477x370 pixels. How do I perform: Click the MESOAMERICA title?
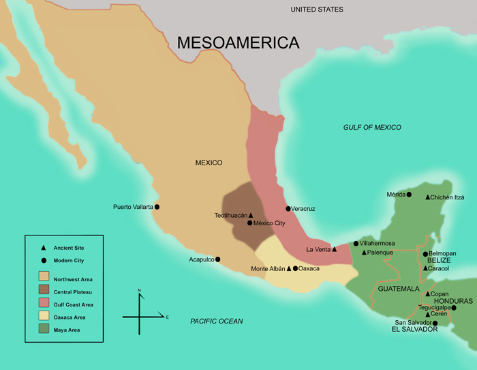point(238,42)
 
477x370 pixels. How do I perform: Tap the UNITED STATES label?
point(316,10)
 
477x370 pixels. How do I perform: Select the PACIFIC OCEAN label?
point(216,321)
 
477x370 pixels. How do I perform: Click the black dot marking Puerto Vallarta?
point(157,207)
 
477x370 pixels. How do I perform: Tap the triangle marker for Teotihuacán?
point(251,215)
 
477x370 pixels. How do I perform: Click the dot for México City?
point(250,223)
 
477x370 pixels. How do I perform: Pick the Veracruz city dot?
point(288,208)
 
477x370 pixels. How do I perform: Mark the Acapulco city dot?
point(218,259)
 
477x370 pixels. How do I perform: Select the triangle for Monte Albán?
point(288,268)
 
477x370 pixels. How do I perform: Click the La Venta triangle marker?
point(334,250)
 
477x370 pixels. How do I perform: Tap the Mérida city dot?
point(409,195)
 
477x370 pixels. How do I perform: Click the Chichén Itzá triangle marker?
point(428,197)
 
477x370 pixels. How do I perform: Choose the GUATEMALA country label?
point(398,289)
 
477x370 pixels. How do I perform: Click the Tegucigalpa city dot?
point(454,308)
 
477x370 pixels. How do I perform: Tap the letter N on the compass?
point(140,291)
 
